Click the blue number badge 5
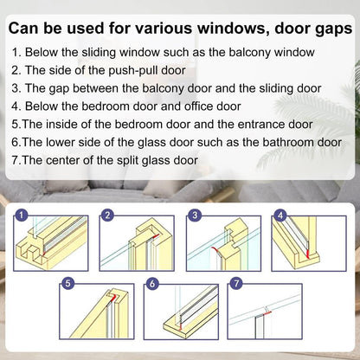(x=67, y=282)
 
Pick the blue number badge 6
(x=152, y=282)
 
